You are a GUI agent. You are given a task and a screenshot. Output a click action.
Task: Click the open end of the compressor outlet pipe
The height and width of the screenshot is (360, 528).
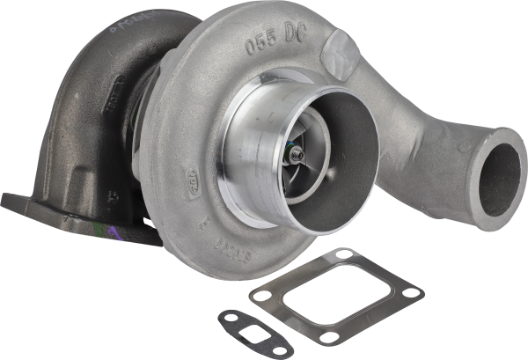(x=504, y=173)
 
